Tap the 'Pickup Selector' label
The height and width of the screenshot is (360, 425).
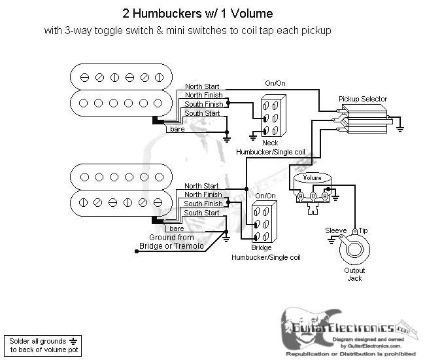coord(362,99)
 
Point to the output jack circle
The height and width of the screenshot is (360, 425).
coord(354,251)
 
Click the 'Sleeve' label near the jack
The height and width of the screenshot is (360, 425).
coord(337,231)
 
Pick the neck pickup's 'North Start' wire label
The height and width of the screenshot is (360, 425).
coord(202,86)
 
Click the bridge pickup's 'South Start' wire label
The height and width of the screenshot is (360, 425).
coord(201,213)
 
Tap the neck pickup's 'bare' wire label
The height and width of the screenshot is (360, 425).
coord(177,130)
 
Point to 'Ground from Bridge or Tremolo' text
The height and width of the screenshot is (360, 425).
coord(171,242)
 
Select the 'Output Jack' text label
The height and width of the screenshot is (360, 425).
coord(354,274)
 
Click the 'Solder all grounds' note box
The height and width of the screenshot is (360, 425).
coord(42,345)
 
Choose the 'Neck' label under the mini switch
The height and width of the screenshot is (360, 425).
coord(269,143)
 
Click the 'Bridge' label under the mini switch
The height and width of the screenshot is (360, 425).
coord(261,249)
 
